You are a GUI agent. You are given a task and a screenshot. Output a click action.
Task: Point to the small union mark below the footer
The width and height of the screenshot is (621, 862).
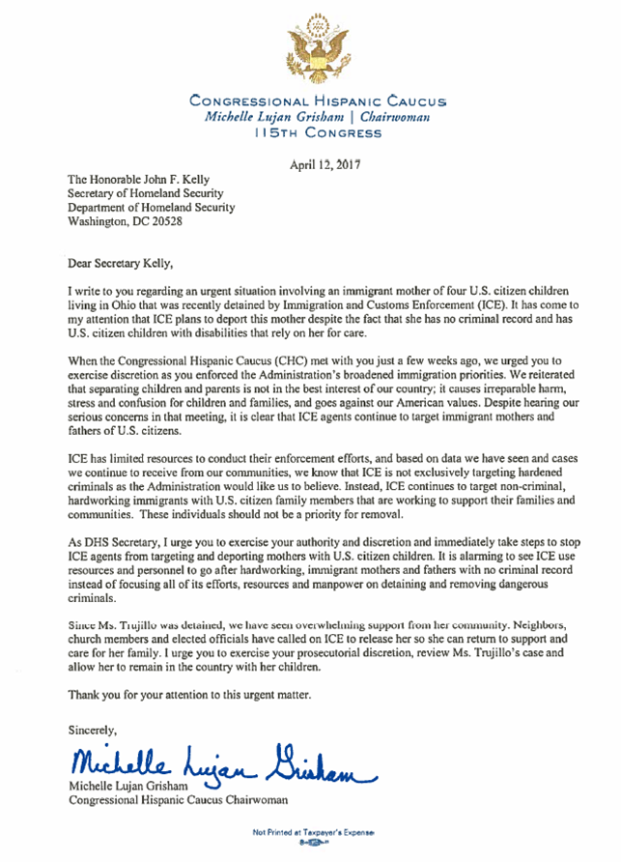pyautogui.click(x=314, y=844)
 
